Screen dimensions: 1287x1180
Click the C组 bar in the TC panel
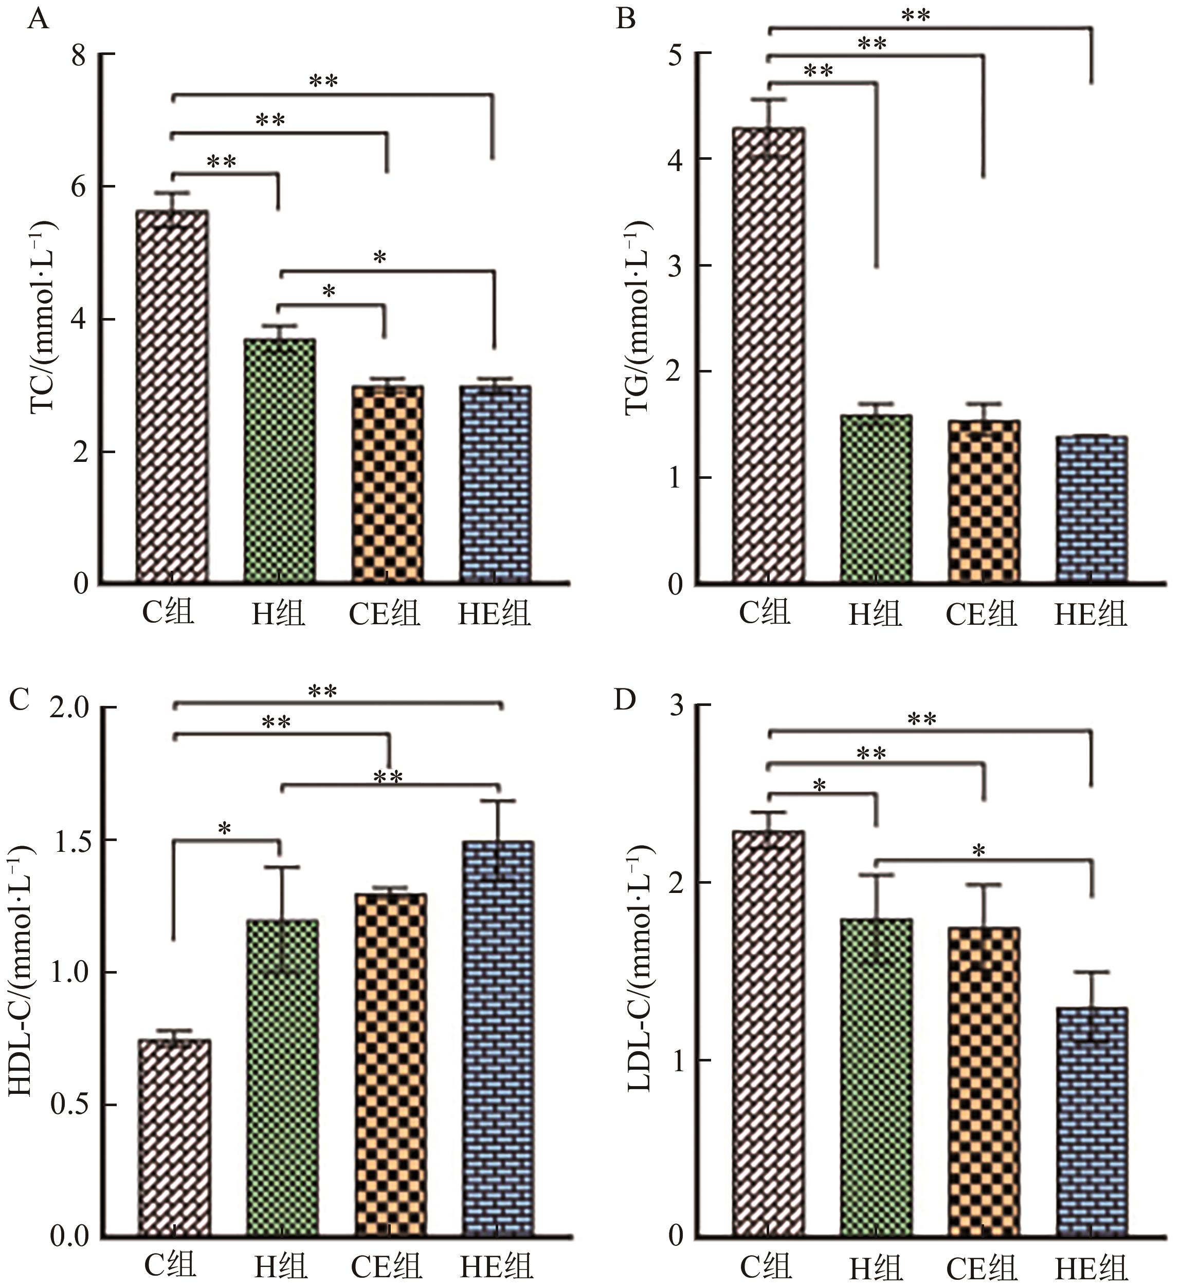pos(172,396)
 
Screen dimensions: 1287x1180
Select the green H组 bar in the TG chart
pos(876,498)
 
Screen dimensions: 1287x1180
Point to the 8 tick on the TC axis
pos(79,55)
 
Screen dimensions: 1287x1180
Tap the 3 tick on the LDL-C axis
pos(676,706)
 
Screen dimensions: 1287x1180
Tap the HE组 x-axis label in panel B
pos(1090,613)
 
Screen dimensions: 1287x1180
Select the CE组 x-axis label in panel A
pos(384,613)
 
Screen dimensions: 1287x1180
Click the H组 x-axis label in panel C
pos(280,1266)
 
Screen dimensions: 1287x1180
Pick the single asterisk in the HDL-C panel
pos(224,829)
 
